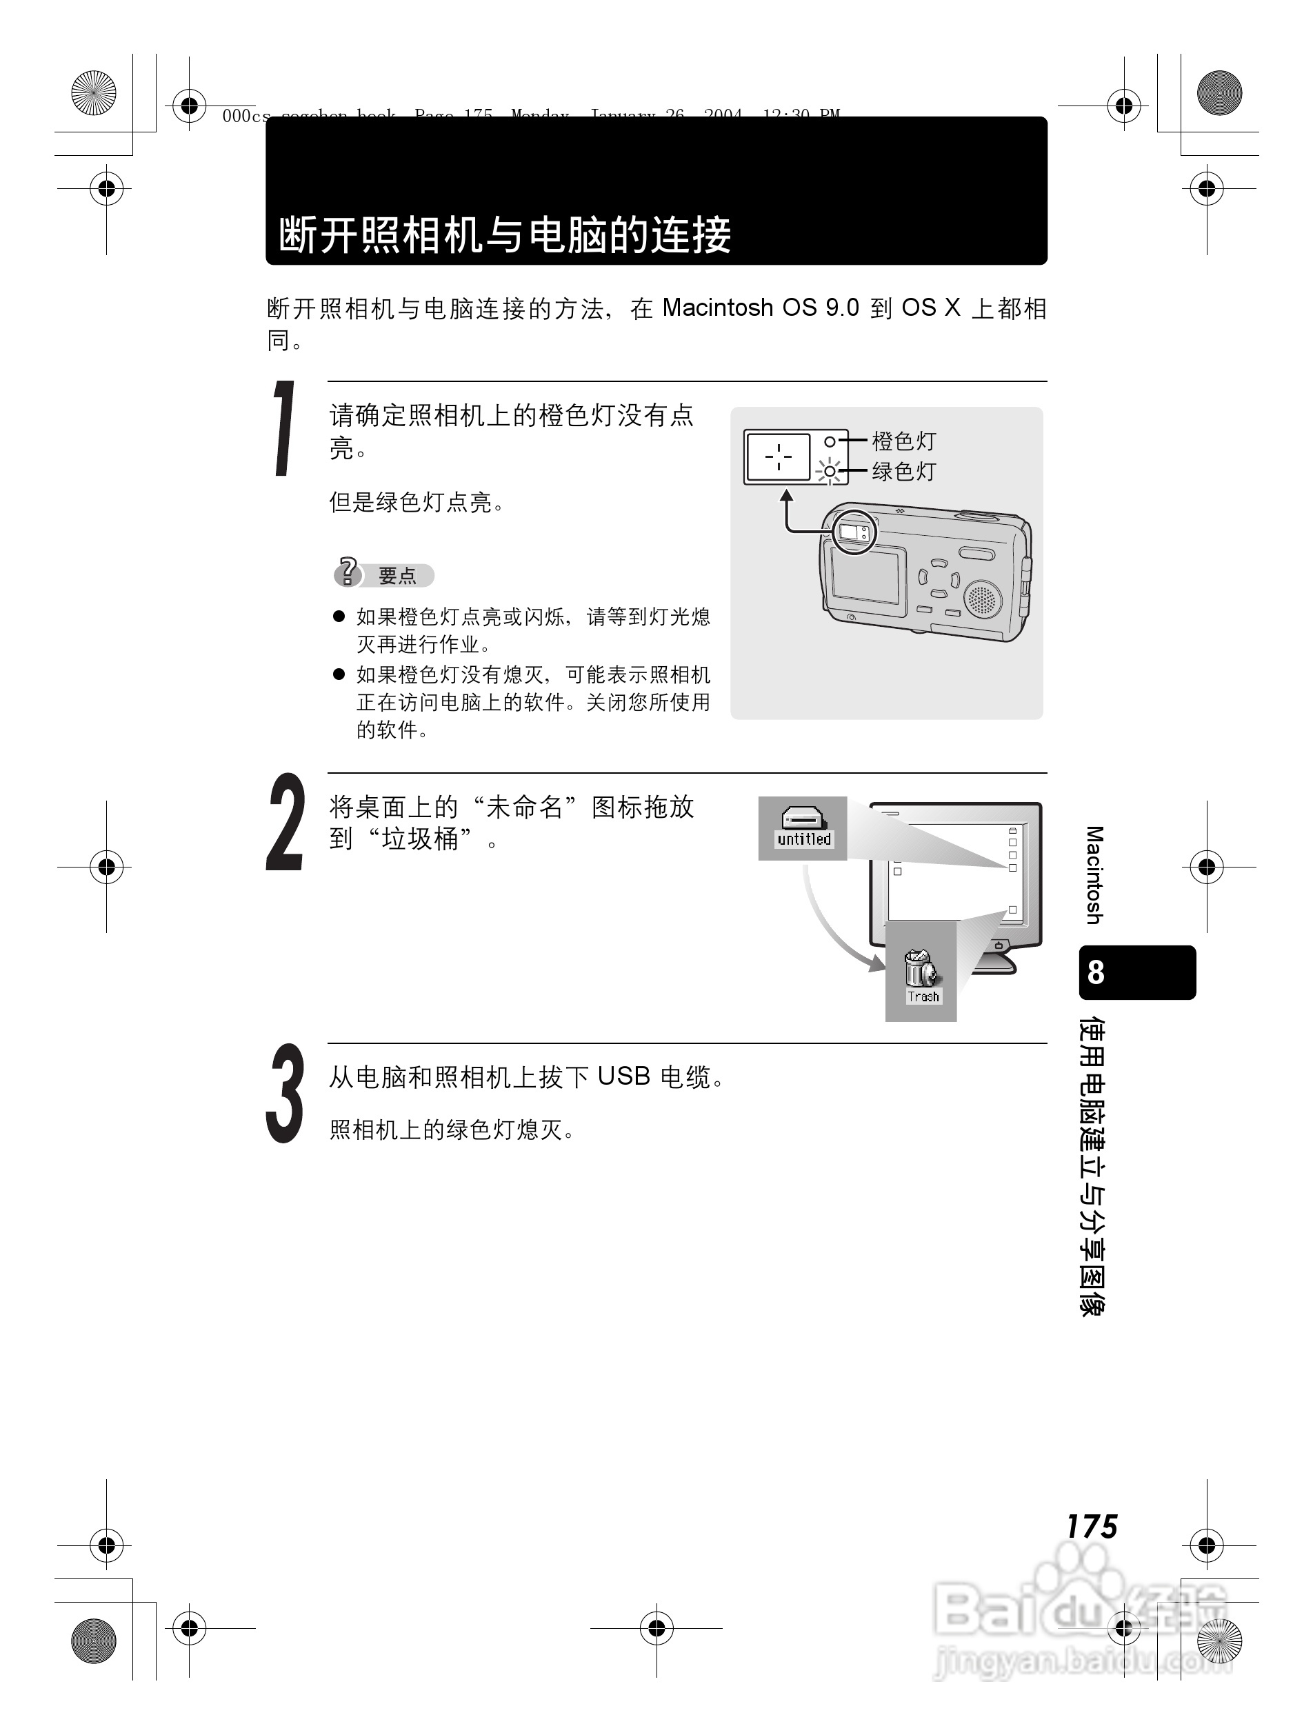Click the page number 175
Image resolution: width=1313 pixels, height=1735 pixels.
click(1091, 1525)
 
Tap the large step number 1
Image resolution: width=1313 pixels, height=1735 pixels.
click(284, 428)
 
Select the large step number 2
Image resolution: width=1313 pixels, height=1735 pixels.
click(284, 823)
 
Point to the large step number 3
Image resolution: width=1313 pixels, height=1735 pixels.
click(284, 1092)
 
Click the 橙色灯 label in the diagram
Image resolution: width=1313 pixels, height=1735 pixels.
click(904, 441)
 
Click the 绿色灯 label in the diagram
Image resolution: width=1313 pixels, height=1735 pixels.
click(904, 472)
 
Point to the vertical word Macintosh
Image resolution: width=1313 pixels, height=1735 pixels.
click(1095, 874)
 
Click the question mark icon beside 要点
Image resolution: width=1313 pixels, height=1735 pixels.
click(347, 572)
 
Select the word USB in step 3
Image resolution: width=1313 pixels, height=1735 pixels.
click(623, 1076)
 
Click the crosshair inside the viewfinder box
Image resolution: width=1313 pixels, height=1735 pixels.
click(778, 456)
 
